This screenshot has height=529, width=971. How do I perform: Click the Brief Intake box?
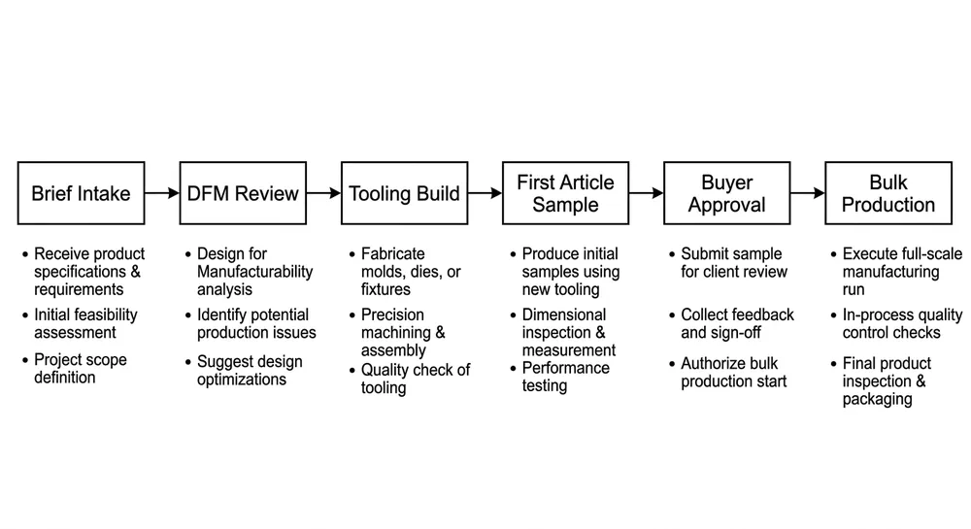tap(81, 193)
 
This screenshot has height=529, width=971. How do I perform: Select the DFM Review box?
tap(242, 193)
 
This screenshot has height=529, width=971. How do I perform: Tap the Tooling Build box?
tap(403, 193)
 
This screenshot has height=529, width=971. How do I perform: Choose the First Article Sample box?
tap(565, 193)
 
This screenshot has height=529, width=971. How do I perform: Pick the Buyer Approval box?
tap(726, 193)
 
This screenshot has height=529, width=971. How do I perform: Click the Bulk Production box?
tap(887, 193)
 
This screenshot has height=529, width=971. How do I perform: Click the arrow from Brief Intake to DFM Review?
tap(162, 193)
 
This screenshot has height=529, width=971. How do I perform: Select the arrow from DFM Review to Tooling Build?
tap(323, 193)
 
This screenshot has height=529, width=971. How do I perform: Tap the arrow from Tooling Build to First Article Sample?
tap(485, 193)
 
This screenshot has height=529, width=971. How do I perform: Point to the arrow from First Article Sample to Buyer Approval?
tap(646, 193)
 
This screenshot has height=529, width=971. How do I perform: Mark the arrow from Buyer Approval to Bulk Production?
tap(807, 193)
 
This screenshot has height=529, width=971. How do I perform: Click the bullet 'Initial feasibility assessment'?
tap(85, 323)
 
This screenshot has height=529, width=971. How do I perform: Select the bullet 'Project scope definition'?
tap(80, 368)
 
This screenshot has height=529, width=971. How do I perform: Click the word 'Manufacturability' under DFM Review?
tap(254, 272)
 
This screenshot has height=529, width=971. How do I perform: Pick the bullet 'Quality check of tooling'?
tap(415, 379)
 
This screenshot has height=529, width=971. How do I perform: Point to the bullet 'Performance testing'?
tap(565, 377)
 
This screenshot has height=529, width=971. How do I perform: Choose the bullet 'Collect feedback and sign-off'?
tap(737, 323)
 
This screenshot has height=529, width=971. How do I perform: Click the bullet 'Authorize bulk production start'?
tap(733, 372)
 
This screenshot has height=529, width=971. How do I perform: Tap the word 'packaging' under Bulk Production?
tap(877, 399)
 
